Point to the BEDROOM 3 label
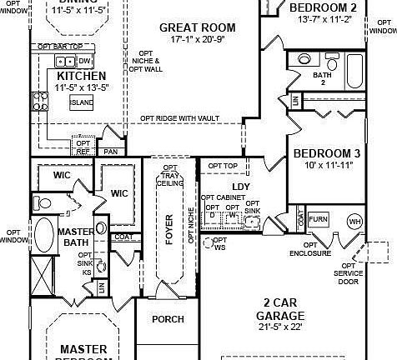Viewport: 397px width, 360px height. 327,153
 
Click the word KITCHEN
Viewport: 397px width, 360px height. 69,75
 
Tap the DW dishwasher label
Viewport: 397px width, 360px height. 85,62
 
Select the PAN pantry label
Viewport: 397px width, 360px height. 110,151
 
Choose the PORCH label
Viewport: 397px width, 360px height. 168,319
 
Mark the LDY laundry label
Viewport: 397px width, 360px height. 241,186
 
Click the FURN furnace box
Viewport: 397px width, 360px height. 318,219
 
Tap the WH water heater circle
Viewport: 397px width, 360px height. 354,222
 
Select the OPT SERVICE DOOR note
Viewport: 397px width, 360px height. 349,272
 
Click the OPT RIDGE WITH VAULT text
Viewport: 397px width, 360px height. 179,118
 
